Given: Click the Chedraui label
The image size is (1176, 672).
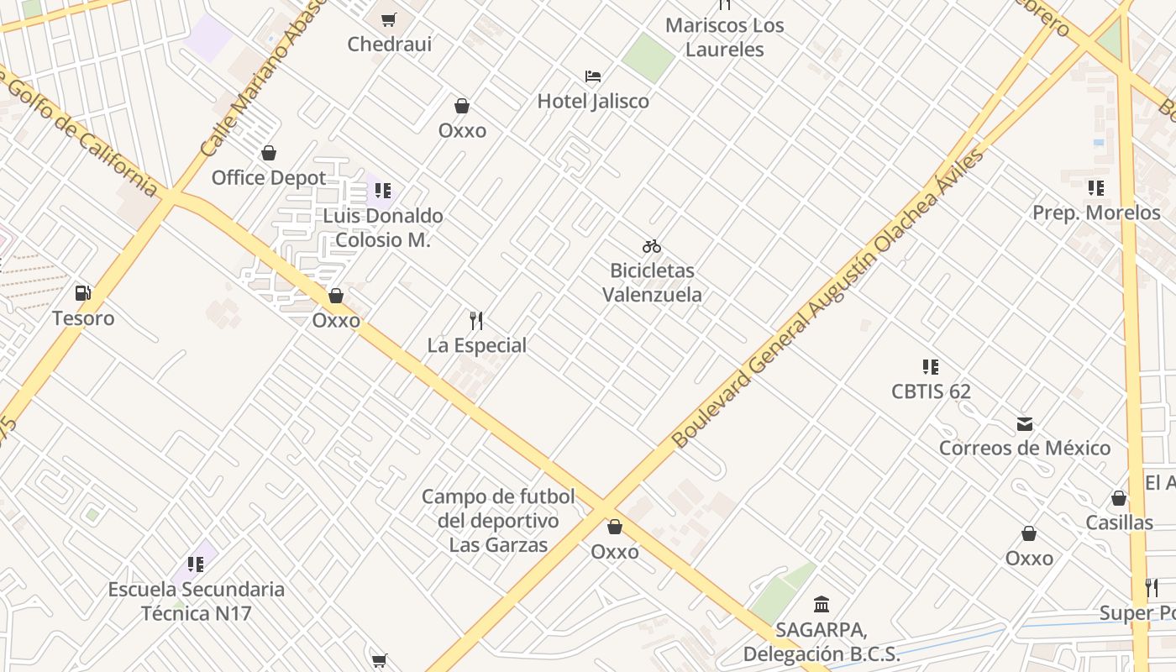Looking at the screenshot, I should tap(390, 44).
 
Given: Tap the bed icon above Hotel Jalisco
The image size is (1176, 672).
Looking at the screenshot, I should tap(593, 76).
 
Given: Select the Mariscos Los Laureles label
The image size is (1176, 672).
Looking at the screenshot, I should tap(724, 37).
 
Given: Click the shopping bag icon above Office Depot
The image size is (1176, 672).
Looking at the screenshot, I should tap(269, 153).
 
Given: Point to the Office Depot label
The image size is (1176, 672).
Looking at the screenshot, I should tap(269, 178).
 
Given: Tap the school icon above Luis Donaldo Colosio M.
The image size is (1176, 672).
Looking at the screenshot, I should tap(383, 191).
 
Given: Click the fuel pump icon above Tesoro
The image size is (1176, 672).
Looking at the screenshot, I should tap(83, 293).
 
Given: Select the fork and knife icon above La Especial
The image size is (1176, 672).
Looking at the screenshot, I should tap(476, 320).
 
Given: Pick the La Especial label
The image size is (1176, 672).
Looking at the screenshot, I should tap(477, 345).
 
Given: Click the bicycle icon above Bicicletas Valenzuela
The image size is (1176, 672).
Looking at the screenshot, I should tap(652, 246).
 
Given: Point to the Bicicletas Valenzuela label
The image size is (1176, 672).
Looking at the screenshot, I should tap(652, 282).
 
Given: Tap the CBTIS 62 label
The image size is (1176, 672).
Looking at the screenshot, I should tap(931, 391).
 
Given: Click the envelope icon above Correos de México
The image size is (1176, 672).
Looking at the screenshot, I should tap(1025, 423).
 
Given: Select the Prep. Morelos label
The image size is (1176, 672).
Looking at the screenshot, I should tap(1096, 213).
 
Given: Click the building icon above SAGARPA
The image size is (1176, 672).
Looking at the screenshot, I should tap(822, 604).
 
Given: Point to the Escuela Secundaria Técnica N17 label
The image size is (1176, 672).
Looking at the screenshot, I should tap(197, 601).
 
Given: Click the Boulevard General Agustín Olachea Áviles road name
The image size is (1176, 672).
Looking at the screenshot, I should tap(827, 299).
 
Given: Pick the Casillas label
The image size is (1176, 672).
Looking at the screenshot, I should tap(1119, 522).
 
